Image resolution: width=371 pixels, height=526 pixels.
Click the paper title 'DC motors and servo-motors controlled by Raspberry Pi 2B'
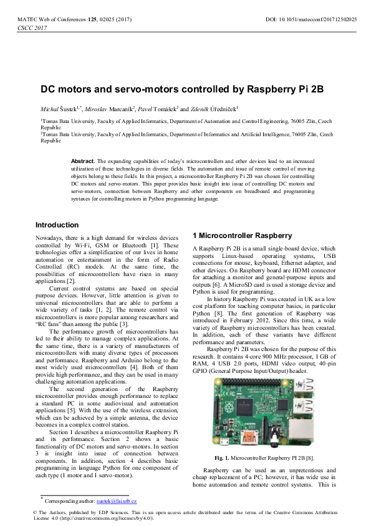point(182,89)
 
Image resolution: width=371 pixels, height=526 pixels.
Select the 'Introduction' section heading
point(57,225)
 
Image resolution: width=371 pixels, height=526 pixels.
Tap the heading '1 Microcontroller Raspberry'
point(242,236)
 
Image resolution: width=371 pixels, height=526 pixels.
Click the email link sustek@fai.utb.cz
point(117,502)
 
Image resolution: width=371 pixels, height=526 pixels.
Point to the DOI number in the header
point(311,20)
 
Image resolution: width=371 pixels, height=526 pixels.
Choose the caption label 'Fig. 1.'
point(222,458)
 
